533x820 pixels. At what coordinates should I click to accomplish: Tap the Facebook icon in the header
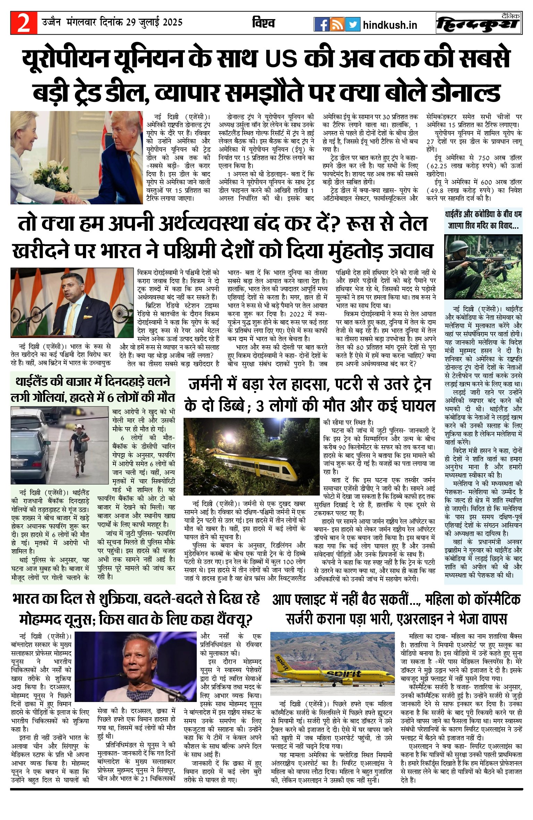(321, 25)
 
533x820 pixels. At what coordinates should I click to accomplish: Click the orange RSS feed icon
(337, 25)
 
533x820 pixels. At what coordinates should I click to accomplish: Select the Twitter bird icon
(353, 25)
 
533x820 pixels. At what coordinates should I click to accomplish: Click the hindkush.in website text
(390, 25)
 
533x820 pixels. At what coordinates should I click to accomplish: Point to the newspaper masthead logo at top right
(479, 24)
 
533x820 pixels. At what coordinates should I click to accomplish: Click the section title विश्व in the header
(263, 23)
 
